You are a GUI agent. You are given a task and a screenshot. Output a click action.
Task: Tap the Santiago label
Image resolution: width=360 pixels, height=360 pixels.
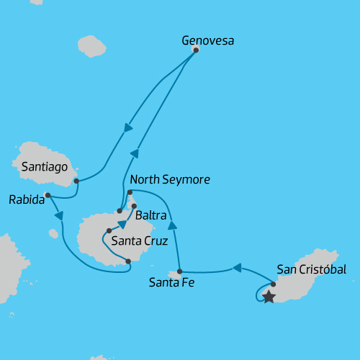pyautogui.click(x=44, y=167)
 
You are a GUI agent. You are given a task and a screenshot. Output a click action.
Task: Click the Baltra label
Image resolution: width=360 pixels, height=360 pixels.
pyautogui.click(x=150, y=215)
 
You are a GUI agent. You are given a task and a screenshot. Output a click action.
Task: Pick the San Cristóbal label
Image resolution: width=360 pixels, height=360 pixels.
pyautogui.click(x=311, y=270)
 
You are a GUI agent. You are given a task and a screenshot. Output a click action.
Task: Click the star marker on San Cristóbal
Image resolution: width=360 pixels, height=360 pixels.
pyautogui.click(x=269, y=297)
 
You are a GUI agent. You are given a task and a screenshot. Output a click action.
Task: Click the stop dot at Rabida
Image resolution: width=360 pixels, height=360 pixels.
pyautogui.click(x=48, y=195)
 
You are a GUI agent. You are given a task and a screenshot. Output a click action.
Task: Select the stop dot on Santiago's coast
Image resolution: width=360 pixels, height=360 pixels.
pyautogui.click(x=76, y=181)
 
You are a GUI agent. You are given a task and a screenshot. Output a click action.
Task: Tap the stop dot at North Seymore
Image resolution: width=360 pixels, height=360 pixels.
pyautogui.click(x=130, y=193)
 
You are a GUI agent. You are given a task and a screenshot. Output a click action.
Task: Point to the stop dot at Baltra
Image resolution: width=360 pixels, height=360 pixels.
pyautogui.click(x=134, y=206)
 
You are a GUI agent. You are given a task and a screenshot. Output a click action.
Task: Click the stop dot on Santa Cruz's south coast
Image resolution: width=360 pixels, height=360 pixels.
pyautogui.click(x=128, y=261)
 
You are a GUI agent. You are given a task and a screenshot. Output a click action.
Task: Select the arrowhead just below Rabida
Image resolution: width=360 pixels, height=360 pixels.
pyautogui.click(x=59, y=215)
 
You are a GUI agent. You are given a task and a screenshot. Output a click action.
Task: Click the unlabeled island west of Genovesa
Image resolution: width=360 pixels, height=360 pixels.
pyautogui.click(x=91, y=45)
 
